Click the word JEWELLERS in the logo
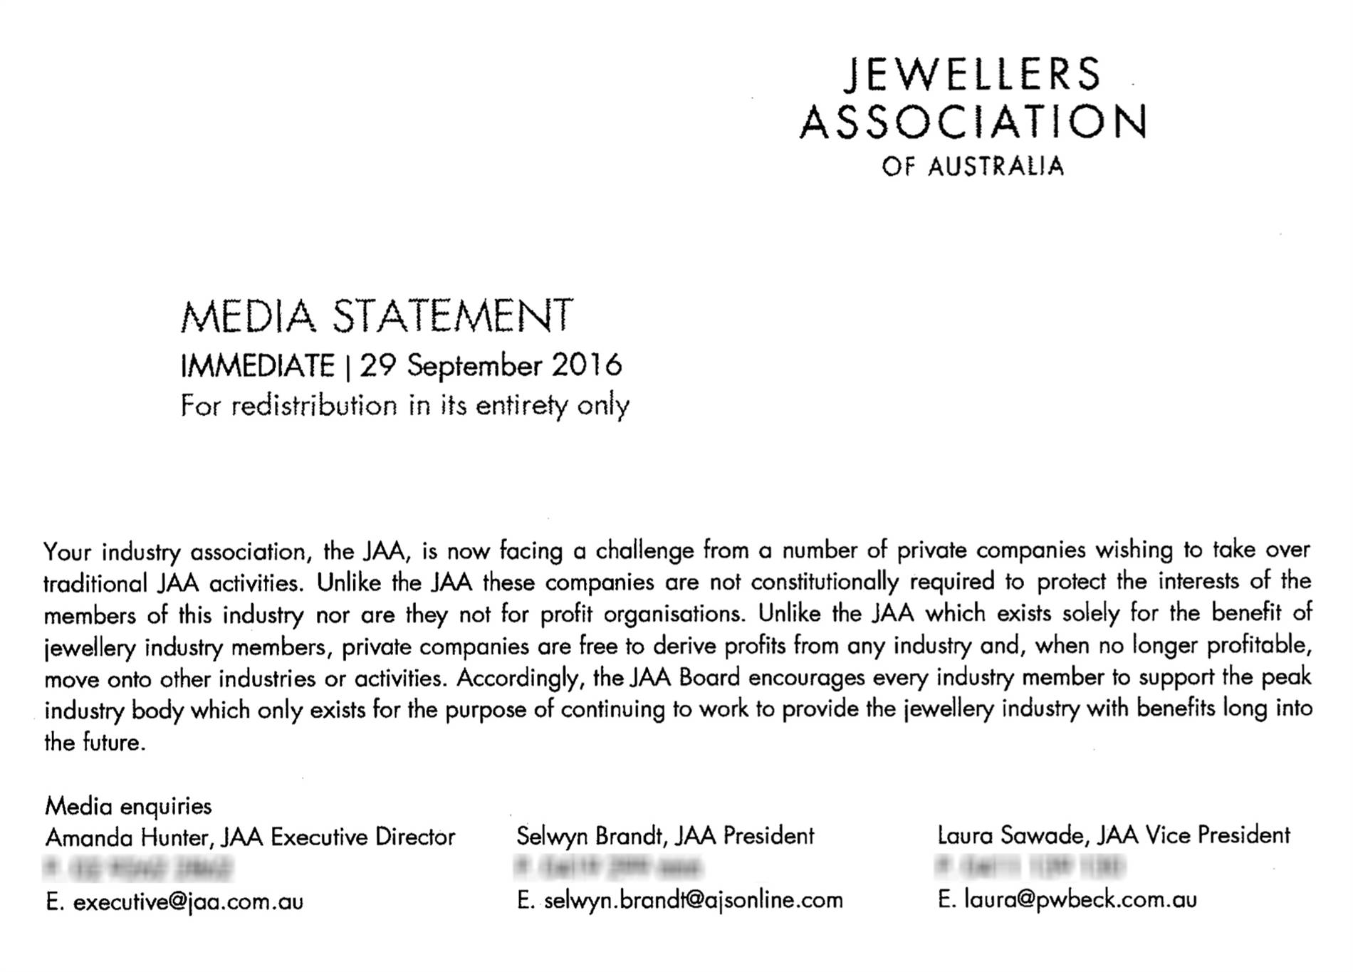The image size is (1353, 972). (x=972, y=75)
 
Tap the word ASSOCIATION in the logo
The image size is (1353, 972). (x=973, y=122)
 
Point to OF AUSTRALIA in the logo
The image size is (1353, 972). (x=973, y=167)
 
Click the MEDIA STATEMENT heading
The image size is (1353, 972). (x=377, y=317)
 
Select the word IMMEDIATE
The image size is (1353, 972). (x=257, y=366)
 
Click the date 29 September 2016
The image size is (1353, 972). (x=491, y=366)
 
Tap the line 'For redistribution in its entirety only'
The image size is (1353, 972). (x=404, y=406)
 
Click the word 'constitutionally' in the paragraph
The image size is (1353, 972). (x=825, y=582)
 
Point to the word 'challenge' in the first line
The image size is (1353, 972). (x=644, y=550)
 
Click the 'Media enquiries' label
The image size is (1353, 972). (x=128, y=806)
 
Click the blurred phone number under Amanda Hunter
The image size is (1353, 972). (x=139, y=869)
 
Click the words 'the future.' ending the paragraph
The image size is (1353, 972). (x=95, y=743)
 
